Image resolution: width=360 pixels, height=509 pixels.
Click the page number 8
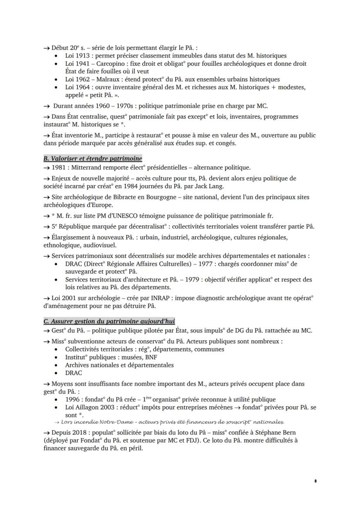[x=315, y=481]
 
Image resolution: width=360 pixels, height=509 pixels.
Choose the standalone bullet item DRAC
[x=73, y=373]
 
